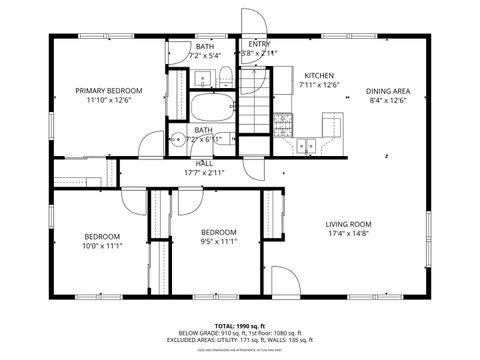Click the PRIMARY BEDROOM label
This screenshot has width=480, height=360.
click(x=109, y=91)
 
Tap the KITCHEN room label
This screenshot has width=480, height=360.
click(x=319, y=75)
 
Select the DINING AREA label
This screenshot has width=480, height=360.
click(x=389, y=91)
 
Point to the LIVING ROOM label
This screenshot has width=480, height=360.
click(x=348, y=224)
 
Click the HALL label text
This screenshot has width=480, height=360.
click(x=204, y=162)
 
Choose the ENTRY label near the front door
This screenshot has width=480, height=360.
click(x=258, y=44)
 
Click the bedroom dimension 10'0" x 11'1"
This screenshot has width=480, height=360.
click(x=101, y=246)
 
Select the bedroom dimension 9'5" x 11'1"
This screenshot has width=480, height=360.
click(x=218, y=241)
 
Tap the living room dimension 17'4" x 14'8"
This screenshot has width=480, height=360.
click(x=348, y=234)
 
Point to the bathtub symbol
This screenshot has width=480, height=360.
click(x=211, y=106)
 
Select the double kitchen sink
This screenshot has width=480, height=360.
click(x=306, y=145)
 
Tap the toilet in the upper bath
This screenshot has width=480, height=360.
click(x=226, y=76)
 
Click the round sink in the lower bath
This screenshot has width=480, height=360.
click(x=176, y=140)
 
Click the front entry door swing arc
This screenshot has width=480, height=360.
click(x=253, y=22)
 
